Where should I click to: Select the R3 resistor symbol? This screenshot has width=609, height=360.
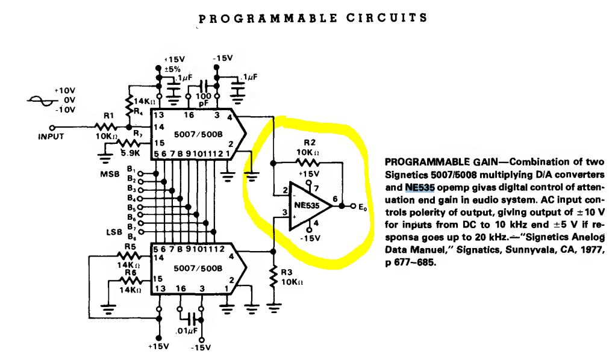point(273,278)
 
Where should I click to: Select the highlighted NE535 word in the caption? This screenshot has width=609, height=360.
point(419,188)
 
